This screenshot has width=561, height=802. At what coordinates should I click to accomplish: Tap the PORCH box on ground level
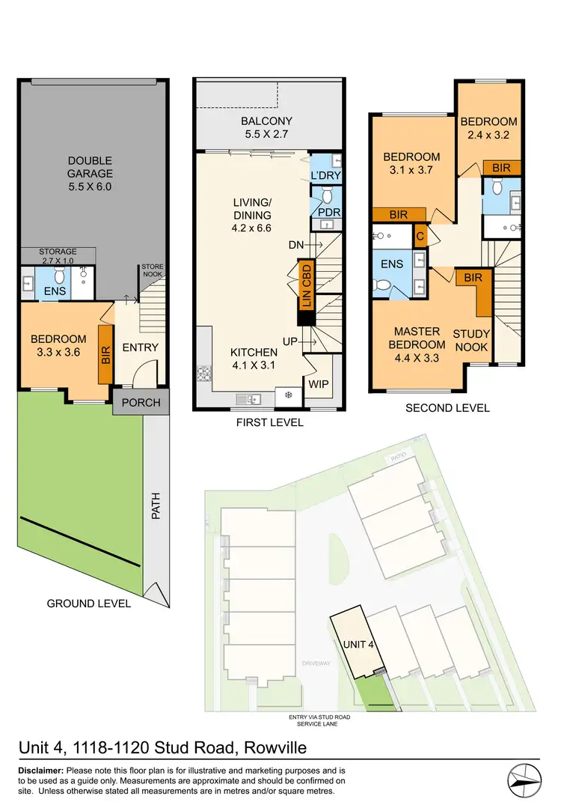pyautogui.click(x=141, y=403)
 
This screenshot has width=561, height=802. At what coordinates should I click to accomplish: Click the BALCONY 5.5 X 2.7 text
pyautogui.click(x=266, y=128)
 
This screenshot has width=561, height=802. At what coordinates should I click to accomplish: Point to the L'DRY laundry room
pyautogui.click(x=325, y=174)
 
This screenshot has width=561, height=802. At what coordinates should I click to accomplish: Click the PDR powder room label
pyautogui.click(x=329, y=213)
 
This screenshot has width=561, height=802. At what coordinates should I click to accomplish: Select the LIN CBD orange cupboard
pyautogui.click(x=305, y=285)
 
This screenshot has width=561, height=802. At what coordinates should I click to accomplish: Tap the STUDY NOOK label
pyautogui.click(x=472, y=341)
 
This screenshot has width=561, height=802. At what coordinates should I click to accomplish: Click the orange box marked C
pyautogui.click(x=420, y=235)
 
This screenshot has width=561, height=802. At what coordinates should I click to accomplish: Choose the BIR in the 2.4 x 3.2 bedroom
pyautogui.click(x=502, y=168)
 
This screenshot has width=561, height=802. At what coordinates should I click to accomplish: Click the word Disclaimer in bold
pyautogui.click(x=40, y=771)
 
